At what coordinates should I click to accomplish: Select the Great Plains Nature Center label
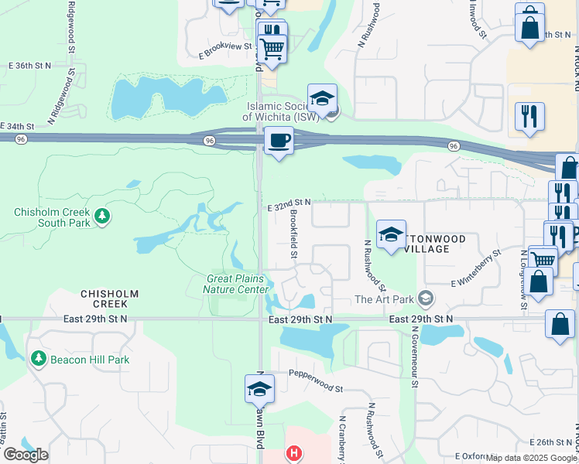pos(235,284)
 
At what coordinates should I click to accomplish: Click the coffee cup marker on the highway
pos(279,141)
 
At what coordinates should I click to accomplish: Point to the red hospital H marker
pos(293,453)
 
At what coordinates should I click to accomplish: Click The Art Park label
pos(383,299)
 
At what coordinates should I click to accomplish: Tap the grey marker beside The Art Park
pos(424,298)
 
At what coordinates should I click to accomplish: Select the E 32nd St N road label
pos(289,202)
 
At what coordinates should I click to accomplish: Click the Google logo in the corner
pos(25,455)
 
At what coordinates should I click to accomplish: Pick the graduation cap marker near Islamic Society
pos(322,98)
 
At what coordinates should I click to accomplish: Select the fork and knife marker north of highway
pos(529,116)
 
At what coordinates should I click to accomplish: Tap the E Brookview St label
pos(226,49)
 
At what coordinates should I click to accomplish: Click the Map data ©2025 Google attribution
pos(532,458)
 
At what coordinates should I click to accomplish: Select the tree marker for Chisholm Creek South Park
pos(101,214)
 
